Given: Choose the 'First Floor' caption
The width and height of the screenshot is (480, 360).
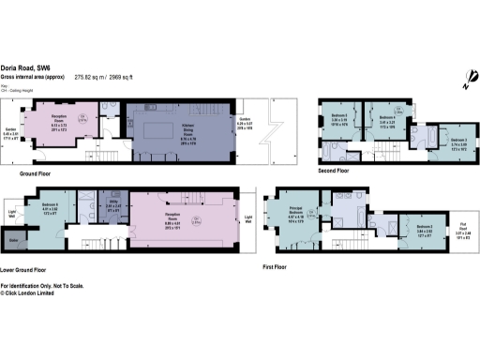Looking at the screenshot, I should point(278,266).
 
